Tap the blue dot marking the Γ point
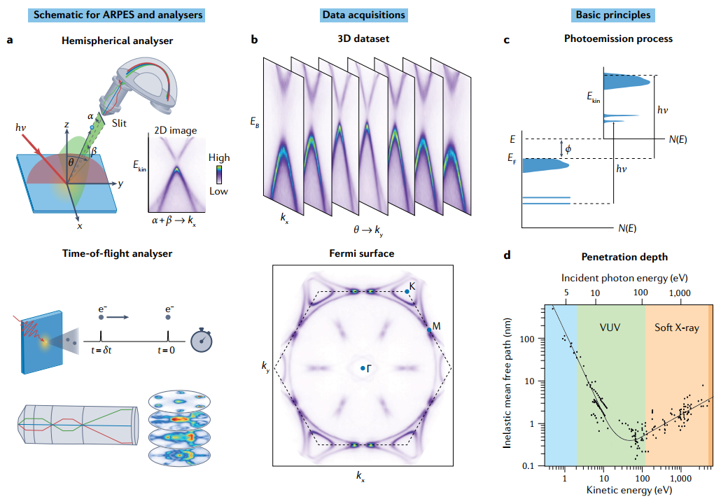(362, 368)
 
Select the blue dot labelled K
(407, 291)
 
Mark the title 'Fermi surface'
(362, 253)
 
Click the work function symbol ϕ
(569, 148)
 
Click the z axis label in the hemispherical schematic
(66, 124)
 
